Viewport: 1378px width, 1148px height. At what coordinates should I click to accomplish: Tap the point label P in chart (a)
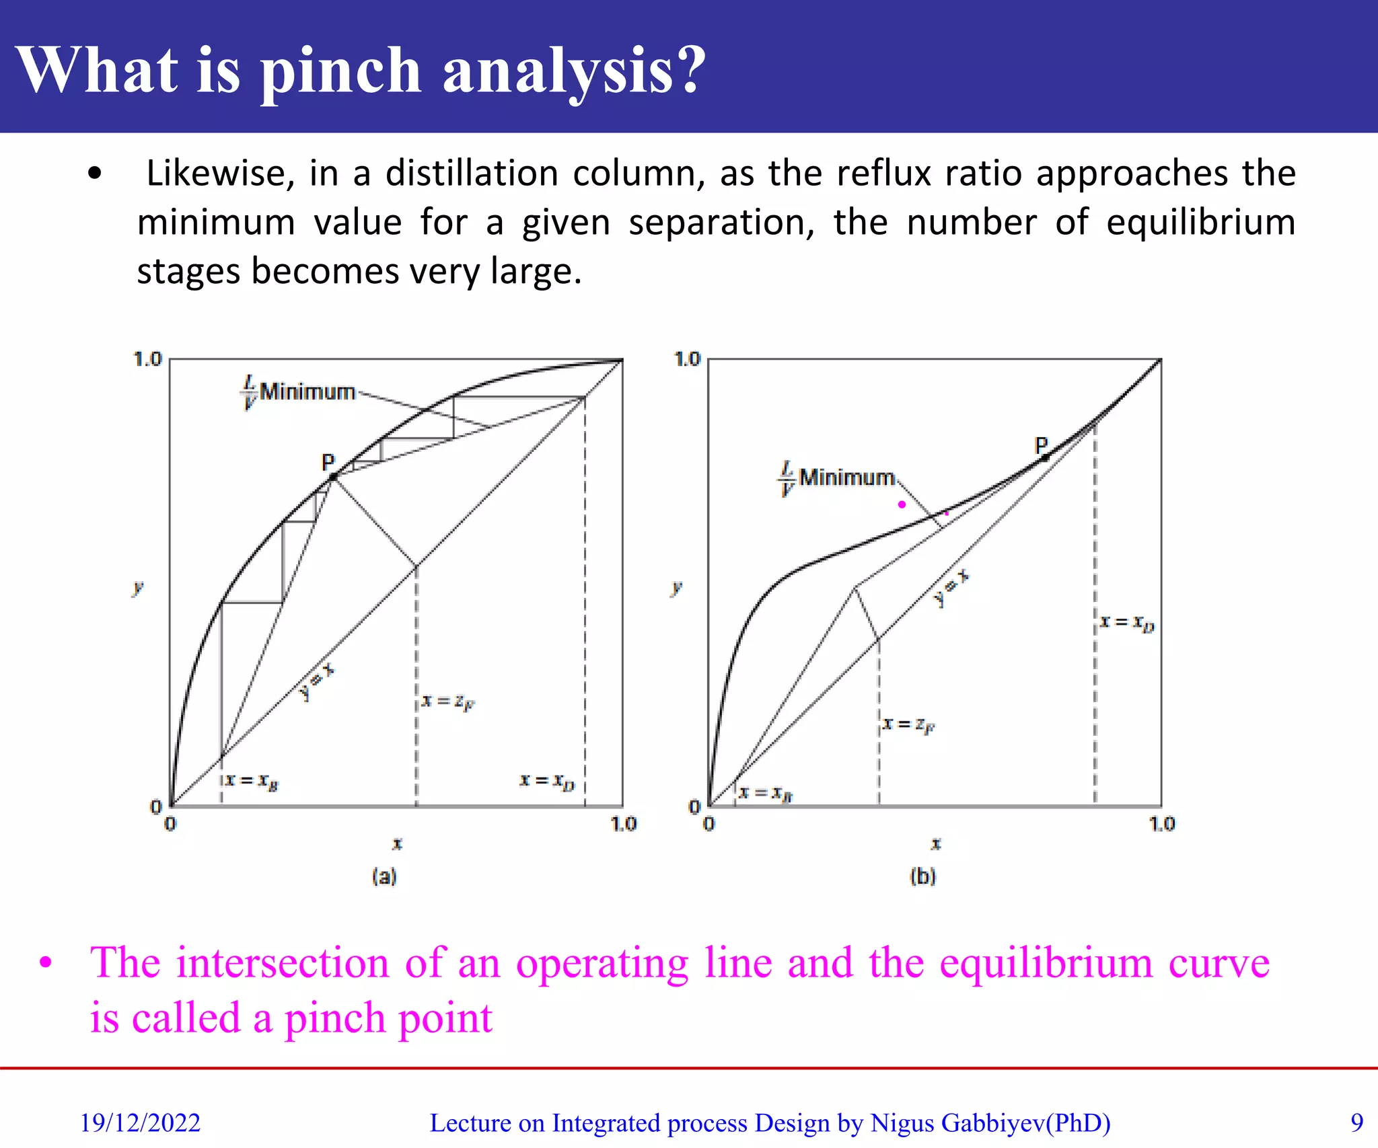point(328,463)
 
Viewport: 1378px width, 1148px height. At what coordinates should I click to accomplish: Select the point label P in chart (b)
point(1041,445)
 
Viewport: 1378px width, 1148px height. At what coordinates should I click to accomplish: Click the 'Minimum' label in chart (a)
point(307,391)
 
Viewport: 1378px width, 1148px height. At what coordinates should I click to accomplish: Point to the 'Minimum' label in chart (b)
point(846,477)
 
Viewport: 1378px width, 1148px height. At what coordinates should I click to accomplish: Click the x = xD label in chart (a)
point(547,781)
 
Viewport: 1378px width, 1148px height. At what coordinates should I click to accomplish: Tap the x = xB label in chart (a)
point(252,781)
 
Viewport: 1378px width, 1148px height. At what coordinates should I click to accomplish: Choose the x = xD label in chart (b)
point(1127,623)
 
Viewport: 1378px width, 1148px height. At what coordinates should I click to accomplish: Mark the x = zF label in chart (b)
point(908,725)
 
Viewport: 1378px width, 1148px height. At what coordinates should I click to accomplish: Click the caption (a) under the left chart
point(384,876)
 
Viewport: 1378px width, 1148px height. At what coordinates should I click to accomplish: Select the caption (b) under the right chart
point(922,876)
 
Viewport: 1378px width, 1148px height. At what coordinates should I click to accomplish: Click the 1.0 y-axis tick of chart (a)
point(148,359)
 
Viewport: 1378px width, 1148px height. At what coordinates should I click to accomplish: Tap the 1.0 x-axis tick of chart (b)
point(1162,824)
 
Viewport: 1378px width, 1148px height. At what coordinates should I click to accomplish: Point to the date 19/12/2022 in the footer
point(140,1123)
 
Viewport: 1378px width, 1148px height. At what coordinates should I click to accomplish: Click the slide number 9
point(1356,1122)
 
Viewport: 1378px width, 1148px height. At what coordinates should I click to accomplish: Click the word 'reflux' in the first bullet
point(883,174)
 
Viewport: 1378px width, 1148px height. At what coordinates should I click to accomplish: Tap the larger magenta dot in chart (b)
point(902,504)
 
